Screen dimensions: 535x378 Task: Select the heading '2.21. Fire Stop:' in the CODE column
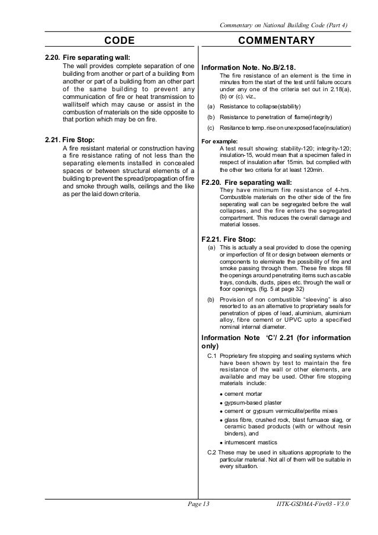point(69,140)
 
